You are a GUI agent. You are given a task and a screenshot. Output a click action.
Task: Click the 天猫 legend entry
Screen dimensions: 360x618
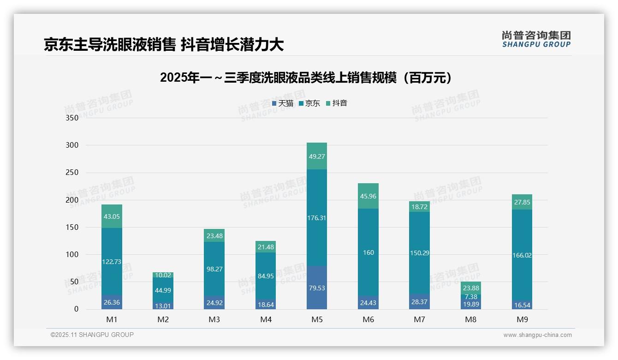[x=283, y=103]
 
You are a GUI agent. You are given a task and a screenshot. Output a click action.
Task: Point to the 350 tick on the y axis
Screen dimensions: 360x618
[x=72, y=118]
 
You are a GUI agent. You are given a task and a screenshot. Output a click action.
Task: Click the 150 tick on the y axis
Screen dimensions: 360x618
[x=72, y=227]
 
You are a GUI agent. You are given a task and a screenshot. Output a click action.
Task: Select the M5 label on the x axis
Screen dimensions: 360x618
[x=317, y=319]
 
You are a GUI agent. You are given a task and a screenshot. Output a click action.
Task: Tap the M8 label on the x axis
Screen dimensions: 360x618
[x=470, y=319]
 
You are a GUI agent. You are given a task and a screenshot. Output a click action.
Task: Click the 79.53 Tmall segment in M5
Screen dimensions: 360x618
[x=317, y=288]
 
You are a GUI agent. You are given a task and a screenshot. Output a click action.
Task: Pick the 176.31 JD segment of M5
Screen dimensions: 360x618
[x=317, y=218]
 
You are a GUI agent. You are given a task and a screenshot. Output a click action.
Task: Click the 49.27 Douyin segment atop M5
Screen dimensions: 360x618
[x=317, y=156]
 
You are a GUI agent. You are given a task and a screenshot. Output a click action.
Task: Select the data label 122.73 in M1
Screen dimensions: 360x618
[x=112, y=262]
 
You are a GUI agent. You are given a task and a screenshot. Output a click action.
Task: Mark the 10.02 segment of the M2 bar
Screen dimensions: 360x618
[x=163, y=275]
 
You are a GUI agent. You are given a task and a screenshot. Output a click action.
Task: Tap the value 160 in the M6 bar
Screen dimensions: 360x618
[x=368, y=252]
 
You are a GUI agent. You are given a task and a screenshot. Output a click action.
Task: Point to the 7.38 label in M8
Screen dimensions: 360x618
[x=470, y=297]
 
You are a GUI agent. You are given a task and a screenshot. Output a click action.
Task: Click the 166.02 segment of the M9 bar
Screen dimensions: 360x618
[x=522, y=255]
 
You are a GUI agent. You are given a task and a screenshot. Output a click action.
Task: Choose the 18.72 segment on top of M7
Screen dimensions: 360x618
[x=419, y=207]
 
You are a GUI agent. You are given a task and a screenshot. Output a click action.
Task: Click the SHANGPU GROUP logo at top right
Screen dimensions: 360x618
[x=536, y=39]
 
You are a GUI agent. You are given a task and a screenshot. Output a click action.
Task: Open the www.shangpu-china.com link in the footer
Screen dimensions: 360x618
[x=537, y=335]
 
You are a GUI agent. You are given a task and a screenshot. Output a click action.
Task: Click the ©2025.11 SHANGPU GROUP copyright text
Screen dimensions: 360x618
[x=92, y=335]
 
